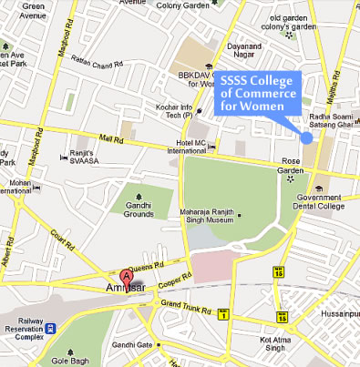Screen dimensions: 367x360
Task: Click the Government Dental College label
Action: coord(318,202)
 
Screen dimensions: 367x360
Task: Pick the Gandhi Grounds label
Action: coord(139,211)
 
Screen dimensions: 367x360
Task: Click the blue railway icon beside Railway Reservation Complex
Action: coord(52,330)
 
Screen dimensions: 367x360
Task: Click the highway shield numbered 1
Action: coord(221,316)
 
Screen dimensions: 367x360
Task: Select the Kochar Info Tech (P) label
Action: coord(179,112)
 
